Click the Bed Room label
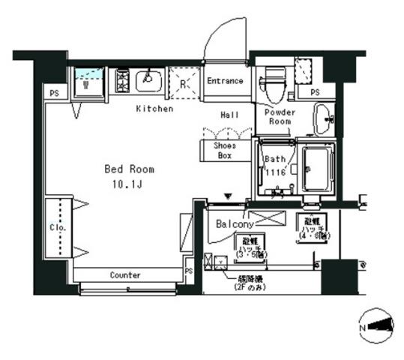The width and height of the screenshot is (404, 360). coord(129,169)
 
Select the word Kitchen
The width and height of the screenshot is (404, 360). coord(154,109)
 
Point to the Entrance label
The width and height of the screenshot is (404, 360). coord(225,80)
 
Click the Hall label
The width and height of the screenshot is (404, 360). coord(229,115)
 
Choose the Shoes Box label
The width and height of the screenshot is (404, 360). coord(224,151)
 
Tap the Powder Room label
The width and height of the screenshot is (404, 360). coord(279,116)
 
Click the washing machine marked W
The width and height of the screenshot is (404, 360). coord(87,80)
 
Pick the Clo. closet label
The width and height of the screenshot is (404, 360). coord(58,226)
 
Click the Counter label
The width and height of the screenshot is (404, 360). coord(124,275)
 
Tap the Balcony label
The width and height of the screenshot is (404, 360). coord(234,223)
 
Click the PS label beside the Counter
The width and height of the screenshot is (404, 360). coord(189,271)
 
